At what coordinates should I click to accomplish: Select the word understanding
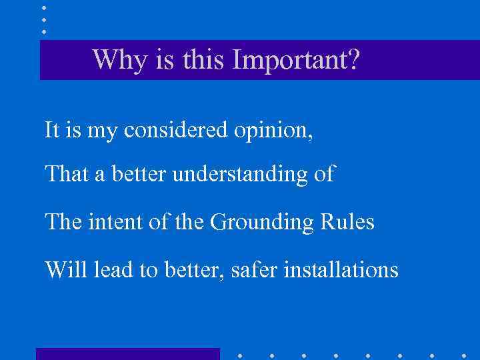point(239,175)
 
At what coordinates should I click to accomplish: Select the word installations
point(341,269)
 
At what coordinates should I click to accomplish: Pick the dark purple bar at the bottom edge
point(127,354)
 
